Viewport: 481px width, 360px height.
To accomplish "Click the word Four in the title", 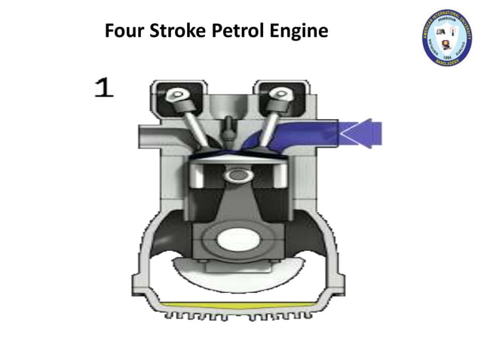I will [x=123, y=32].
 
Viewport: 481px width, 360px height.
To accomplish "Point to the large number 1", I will [x=104, y=87].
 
